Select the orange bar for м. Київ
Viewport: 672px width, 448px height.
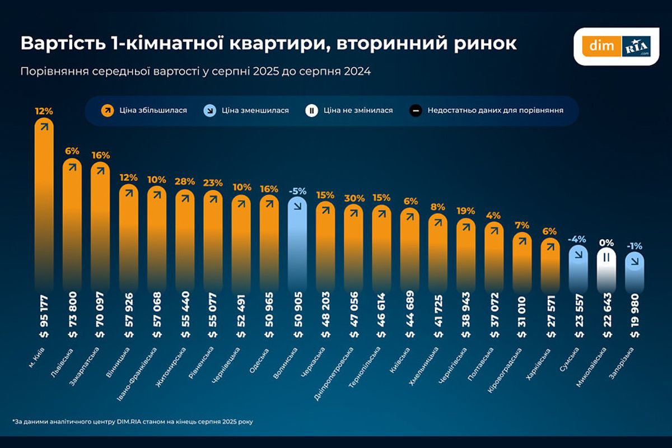(x=44, y=196)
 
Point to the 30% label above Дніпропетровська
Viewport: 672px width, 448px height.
(x=353, y=198)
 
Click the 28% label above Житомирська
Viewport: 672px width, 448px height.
(x=185, y=181)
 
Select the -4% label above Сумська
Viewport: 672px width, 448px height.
(x=577, y=239)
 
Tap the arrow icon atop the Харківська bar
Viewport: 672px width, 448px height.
(x=550, y=247)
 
